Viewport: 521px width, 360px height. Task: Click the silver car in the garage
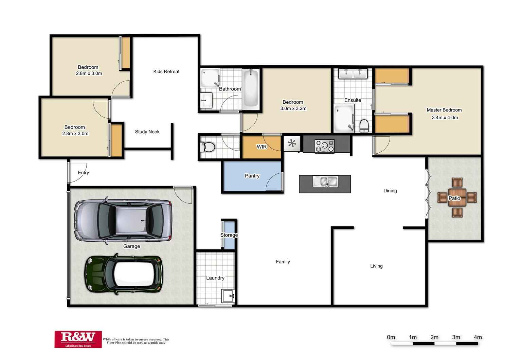click(x=123, y=221)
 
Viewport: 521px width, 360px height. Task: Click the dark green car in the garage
click(x=124, y=274)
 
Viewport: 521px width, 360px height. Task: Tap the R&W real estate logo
click(x=78, y=339)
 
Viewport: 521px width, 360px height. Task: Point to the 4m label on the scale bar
click(x=478, y=337)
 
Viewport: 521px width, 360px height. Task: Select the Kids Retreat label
click(x=166, y=71)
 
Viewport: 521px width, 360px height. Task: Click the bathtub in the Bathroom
click(x=251, y=88)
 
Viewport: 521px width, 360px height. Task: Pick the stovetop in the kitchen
click(x=325, y=146)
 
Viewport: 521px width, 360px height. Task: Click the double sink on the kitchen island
click(x=326, y=182)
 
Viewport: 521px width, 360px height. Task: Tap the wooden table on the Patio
click(x=457, y=198)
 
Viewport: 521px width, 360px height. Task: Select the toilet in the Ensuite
click(x=364, y=125)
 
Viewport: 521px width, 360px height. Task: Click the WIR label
click(x=262, y=147)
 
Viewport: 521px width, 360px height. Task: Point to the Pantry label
click(x=252, y=176)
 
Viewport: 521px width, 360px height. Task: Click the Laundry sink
click(x=228, y=296)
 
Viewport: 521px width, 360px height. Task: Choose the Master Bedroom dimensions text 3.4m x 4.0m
click(x=445, y=118)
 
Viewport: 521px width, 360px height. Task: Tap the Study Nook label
click(x=147, y=132)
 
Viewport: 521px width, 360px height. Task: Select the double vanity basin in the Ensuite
click(x=353, y=73)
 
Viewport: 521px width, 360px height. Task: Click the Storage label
click(x=229, y=235)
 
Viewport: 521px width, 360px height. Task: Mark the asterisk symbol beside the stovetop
click(x=292, y=143)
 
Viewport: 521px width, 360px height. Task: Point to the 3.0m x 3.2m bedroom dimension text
click(x=293, y=108)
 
